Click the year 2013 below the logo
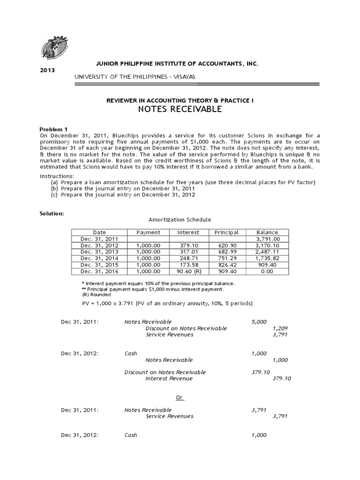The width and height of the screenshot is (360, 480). click(48, 70)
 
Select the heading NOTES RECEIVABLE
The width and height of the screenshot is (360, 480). click(180, 109)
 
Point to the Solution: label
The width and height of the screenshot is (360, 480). click(52, 213)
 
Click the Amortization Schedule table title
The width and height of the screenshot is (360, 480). click(180, 219)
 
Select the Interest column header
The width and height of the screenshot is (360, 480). click(188, 232)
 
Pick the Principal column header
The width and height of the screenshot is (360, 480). click(226, 232)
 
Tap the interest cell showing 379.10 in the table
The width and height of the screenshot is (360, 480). click(188, 245)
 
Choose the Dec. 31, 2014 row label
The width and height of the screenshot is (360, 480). click(99, 258)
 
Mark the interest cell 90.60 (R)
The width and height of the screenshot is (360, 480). click(188, 271)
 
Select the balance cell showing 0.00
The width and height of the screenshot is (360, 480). click(267, 271)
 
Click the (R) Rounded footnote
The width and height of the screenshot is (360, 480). click(97, 295)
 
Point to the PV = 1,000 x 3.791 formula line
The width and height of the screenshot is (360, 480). click(167, 304)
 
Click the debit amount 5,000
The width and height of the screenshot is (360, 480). click(259, 322)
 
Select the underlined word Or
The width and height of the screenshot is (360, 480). click(180, 397)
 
